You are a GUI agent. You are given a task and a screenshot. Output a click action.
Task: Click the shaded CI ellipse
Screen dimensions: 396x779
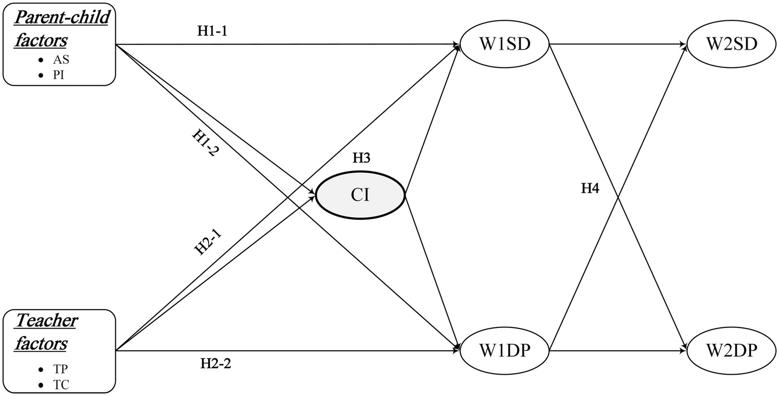(360, 195)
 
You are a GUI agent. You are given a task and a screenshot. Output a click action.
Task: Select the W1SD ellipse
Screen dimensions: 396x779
(504, 44)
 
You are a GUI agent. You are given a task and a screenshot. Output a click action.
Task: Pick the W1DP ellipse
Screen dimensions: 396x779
(504, 350)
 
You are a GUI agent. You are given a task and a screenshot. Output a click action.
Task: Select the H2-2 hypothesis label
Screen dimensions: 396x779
(216, 364)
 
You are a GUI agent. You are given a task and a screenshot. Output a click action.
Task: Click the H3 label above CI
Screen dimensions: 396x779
(361, 158)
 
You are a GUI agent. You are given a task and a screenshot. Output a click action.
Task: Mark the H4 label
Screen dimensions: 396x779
(590, 189)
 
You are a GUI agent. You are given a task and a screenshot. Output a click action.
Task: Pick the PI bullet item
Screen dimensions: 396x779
(59, 75)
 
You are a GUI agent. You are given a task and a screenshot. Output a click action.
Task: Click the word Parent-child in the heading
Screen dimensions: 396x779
(61, 18)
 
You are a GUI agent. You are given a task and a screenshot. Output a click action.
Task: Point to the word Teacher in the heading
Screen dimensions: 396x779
(46, 321)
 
